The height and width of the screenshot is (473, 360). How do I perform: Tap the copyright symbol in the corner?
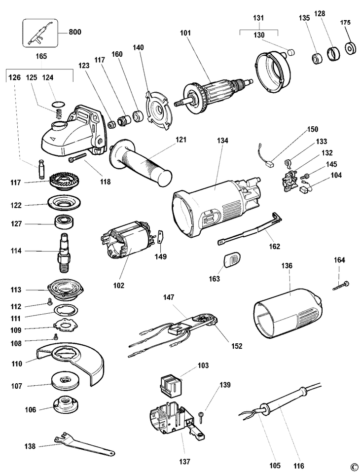point(353,467)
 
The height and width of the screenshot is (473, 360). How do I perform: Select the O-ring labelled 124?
point(59,104)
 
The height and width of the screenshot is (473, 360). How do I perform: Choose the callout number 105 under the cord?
point(275,465)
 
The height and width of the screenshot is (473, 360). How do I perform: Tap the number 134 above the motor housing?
point(222,141)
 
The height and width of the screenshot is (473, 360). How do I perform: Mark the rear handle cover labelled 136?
point(286,313)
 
